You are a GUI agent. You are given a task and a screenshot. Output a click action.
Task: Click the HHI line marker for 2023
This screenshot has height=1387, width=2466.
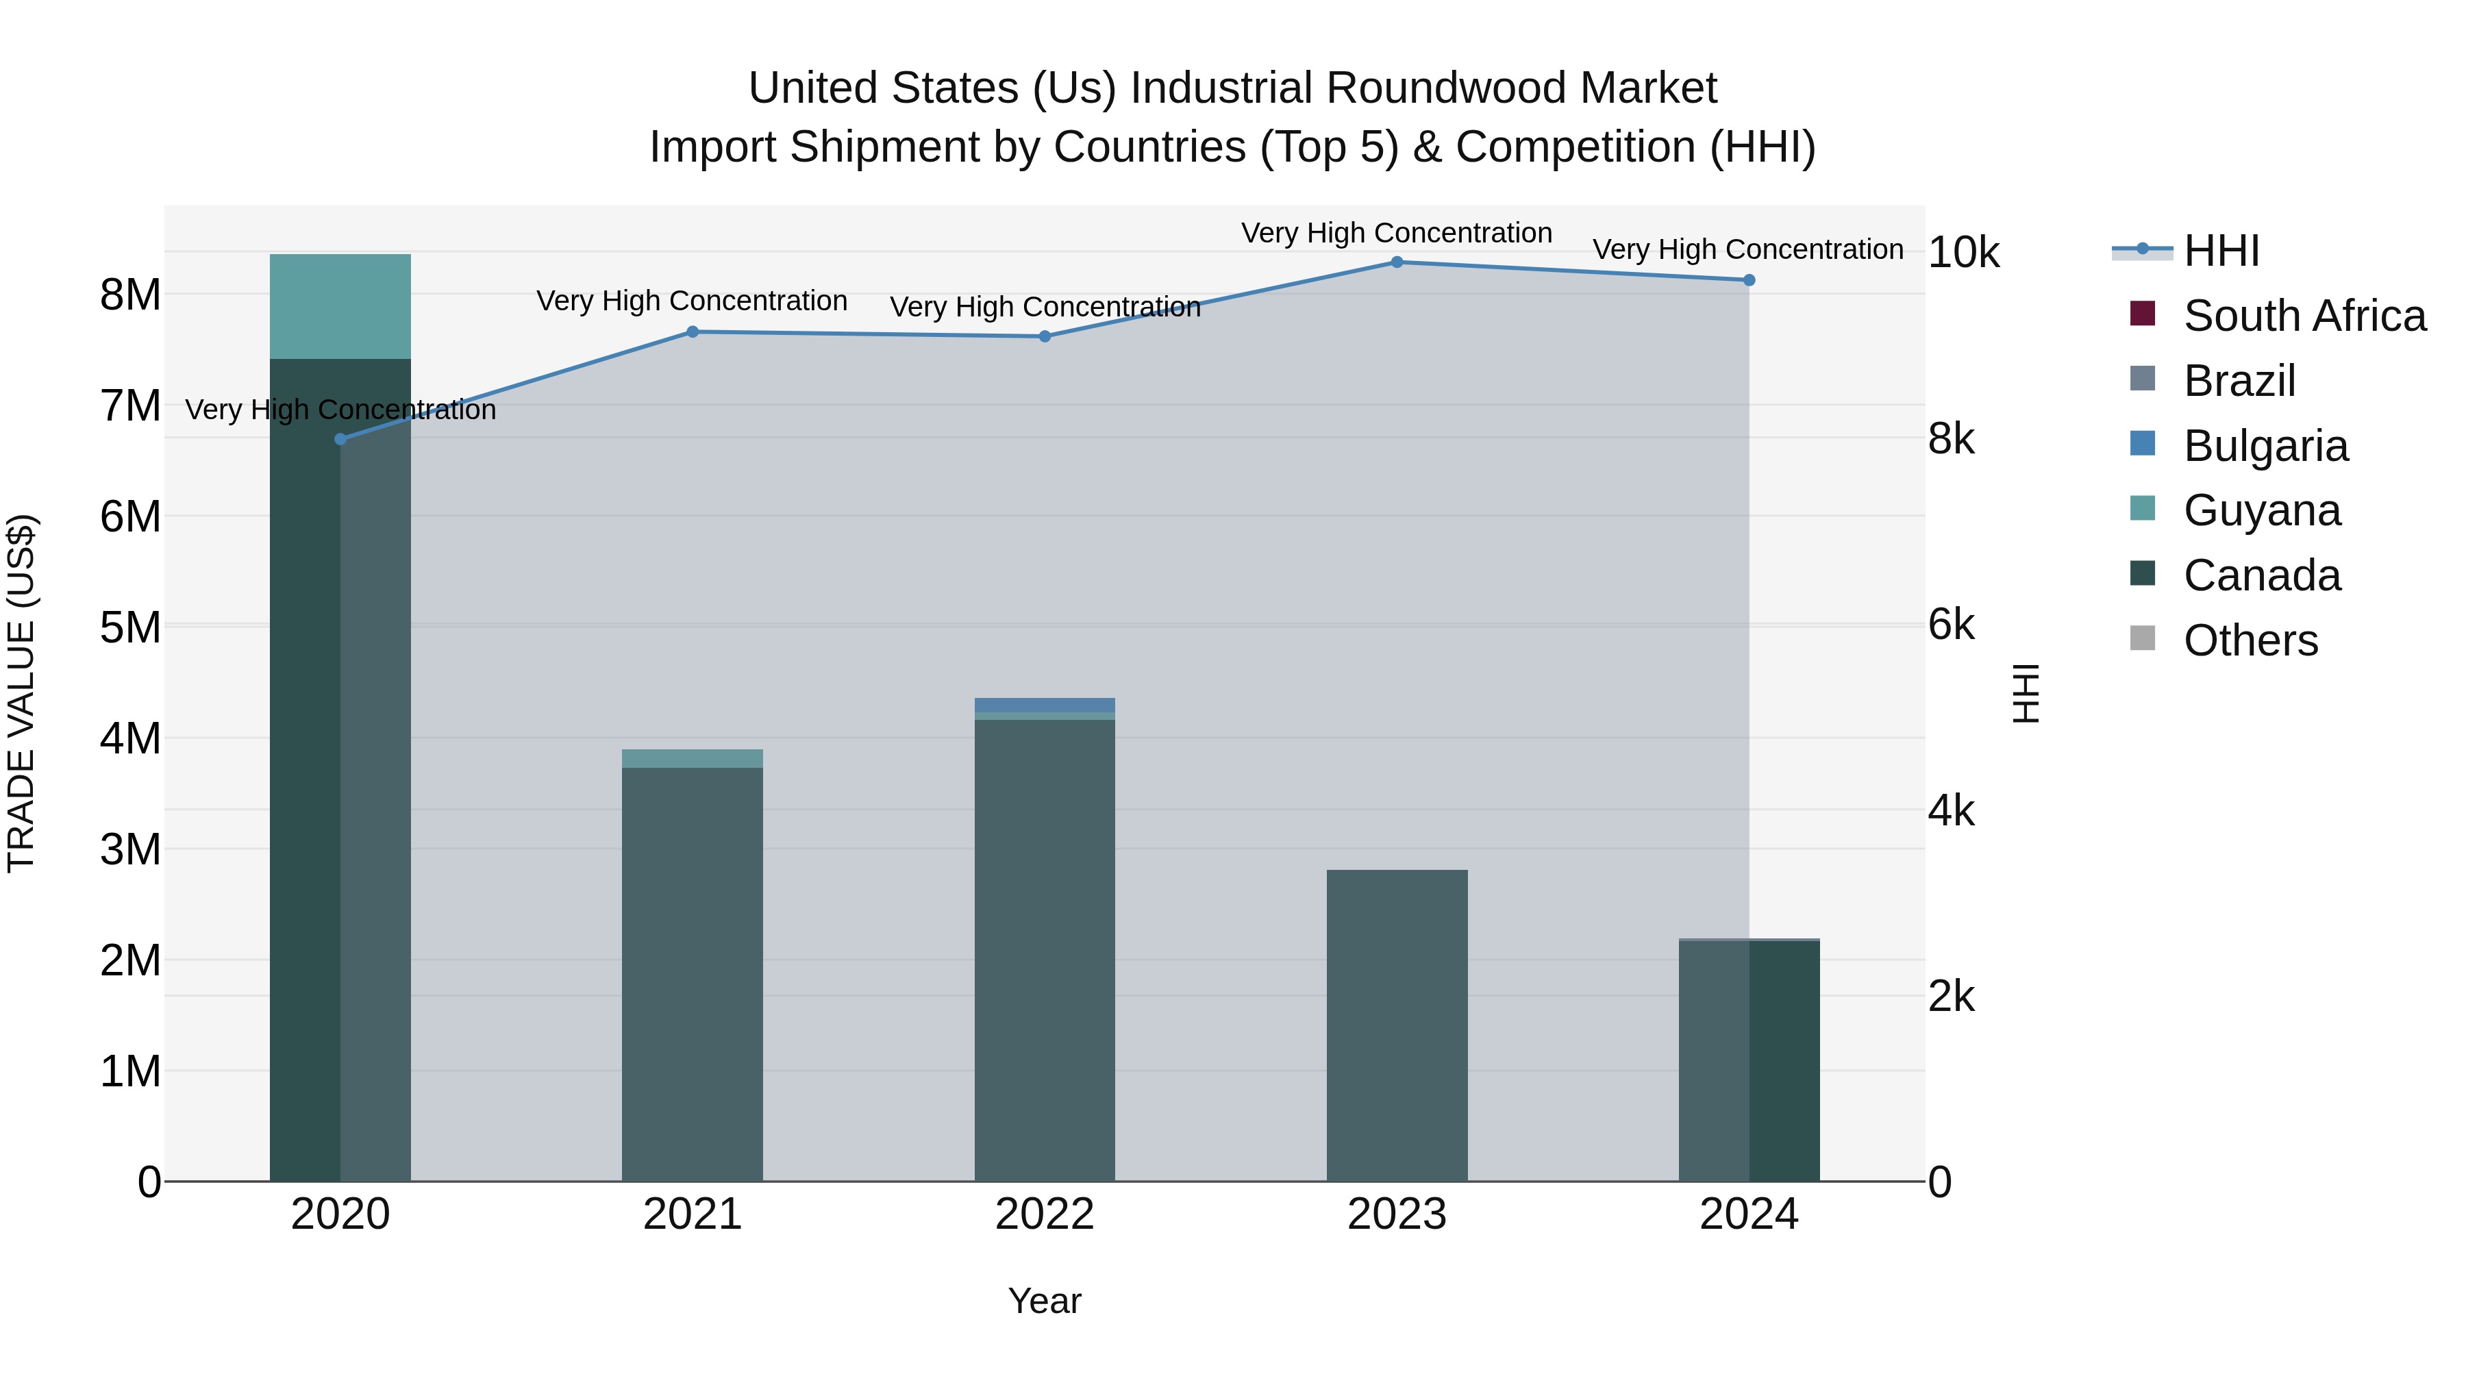point(1397,262)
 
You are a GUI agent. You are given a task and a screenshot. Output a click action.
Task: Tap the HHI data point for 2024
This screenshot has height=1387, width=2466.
point(1749,280)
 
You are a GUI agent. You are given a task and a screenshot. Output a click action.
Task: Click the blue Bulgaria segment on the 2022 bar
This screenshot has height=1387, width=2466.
point(1045,705)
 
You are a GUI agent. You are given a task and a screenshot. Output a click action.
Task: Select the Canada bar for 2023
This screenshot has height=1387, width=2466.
point(1397,1024)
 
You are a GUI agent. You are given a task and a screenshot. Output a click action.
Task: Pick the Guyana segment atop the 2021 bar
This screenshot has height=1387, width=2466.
point(692,759)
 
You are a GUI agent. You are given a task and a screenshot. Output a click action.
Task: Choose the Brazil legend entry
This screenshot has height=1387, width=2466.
point(2239,381)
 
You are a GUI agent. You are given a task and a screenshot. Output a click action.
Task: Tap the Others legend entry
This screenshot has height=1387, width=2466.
point(2250,640)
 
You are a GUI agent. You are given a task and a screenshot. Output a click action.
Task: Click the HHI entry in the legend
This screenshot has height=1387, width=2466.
point(2221,251)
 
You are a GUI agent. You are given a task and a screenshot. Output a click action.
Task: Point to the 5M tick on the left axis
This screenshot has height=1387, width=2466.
point(130,628)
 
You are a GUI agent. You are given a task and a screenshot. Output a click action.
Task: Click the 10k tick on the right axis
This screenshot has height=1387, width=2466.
point(1963,253)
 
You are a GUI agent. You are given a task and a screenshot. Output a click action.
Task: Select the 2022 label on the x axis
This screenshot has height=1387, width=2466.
point(1045,1214)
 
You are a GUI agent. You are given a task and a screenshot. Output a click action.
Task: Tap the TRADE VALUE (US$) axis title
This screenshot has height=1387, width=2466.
point(21,693)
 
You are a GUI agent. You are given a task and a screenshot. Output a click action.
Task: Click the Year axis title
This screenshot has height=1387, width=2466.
point(1045,1301)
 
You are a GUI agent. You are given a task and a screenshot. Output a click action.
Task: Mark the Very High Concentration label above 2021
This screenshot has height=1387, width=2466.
point(692,301)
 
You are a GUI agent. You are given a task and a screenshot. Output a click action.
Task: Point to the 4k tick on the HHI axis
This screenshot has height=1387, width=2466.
point(1951,811)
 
